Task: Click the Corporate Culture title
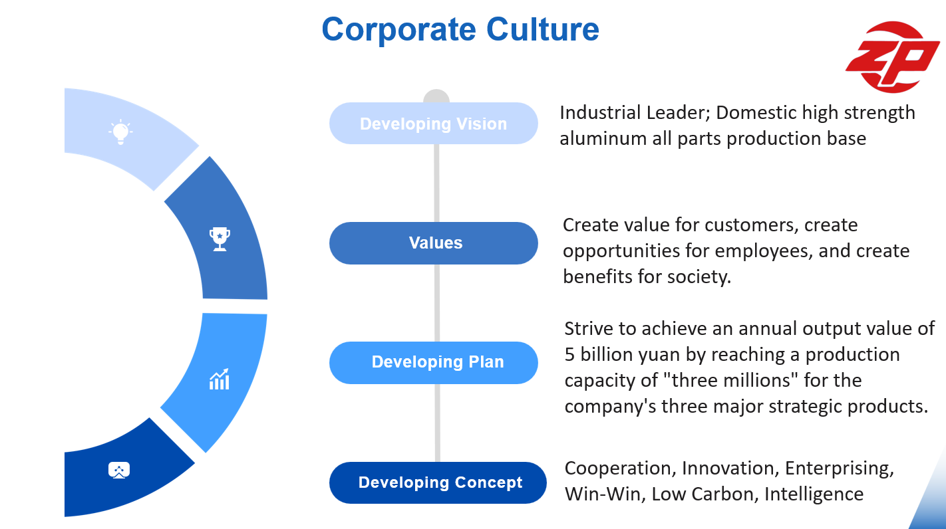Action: (x=460, y=29)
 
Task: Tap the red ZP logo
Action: (x=893, y=57)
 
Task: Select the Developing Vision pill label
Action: (x=433, y=124)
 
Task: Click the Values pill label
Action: (x=436, y=243)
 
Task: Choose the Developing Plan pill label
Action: (x=437, y=362)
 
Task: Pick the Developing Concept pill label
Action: (x=440, y=482)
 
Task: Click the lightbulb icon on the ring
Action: (x=120, y=132)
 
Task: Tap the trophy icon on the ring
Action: (x=220, y=239)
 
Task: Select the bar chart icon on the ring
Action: (x=220, y=379)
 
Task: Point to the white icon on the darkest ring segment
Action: (x=119, y=471)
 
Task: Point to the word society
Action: (x=699, y=276)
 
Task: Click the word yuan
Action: (x=659, y=354)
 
